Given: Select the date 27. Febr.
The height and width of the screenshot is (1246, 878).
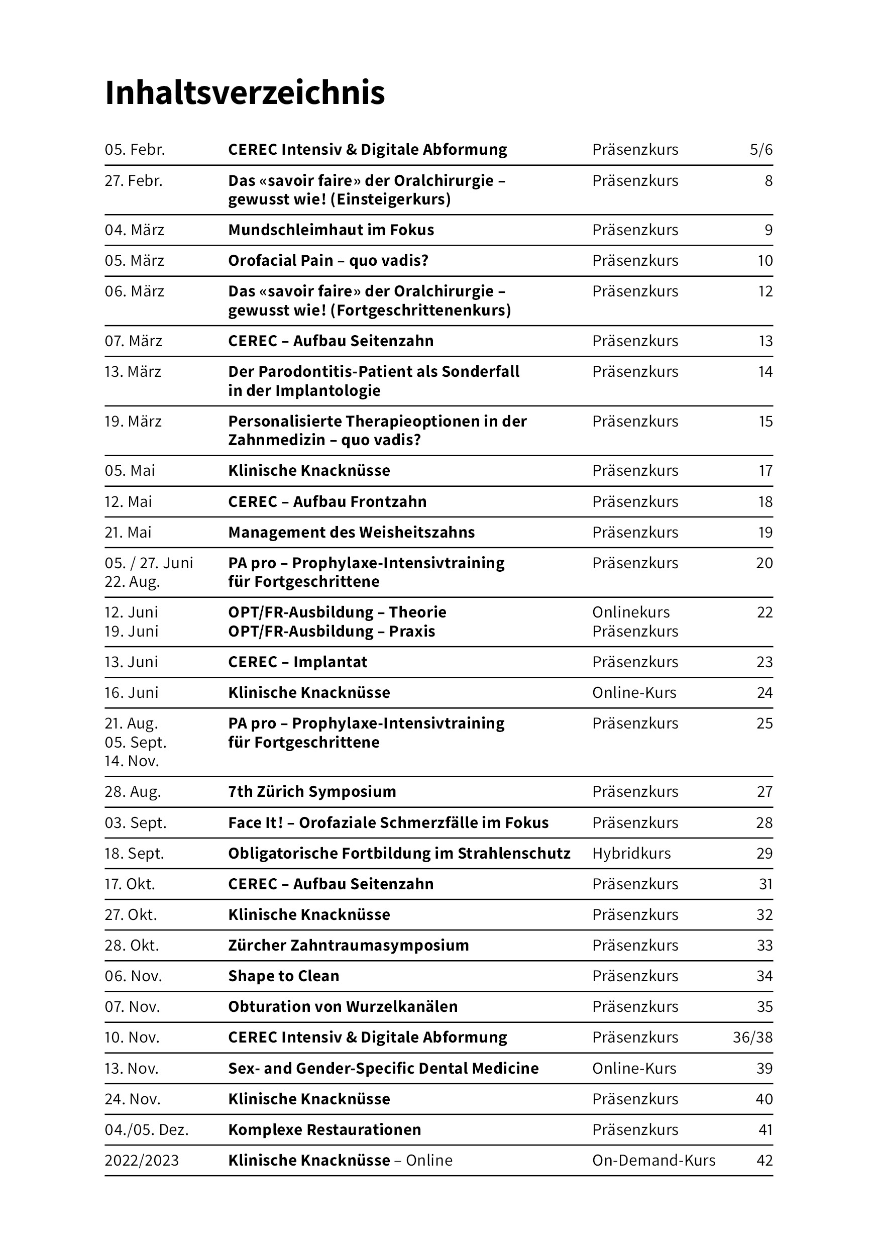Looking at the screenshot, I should [134, 181].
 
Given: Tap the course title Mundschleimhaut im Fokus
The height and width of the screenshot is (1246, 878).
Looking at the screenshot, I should [331, 230].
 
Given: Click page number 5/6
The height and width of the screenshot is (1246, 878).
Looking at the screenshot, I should [761, 150].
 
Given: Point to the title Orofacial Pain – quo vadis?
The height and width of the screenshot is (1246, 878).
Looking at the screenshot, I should [328, 261].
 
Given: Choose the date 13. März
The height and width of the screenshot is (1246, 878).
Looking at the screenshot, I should [133, 372].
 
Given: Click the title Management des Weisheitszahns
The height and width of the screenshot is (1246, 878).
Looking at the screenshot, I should [351, 533].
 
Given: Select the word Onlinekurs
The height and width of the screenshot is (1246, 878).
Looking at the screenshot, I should [630, 612].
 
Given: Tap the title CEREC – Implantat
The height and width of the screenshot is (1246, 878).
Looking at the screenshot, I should [297, 662].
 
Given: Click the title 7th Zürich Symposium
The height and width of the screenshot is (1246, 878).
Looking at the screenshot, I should [312, 792].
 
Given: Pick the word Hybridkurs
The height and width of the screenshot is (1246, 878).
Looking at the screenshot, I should [631, 854].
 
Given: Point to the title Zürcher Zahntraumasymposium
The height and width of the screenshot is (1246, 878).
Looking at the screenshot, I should [349, 946].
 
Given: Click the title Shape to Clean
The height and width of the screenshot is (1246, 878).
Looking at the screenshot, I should [283, 976].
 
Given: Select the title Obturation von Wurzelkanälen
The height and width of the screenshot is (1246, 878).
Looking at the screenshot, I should [343, 1007].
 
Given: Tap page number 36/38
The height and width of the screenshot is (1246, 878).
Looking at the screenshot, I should [752, 1037].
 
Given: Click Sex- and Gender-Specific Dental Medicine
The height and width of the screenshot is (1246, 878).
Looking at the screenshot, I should [383, 1069].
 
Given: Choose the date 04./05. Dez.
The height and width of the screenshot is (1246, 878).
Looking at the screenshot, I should [147, 1130].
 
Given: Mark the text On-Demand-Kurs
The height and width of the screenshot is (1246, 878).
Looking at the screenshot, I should [653, 1160].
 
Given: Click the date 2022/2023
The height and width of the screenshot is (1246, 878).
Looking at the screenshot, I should [142, 1160].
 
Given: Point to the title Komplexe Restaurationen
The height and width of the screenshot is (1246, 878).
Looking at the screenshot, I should [324, 1130].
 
